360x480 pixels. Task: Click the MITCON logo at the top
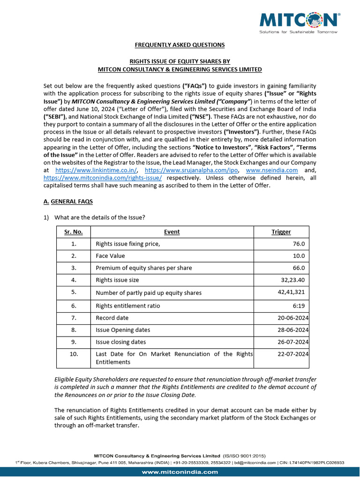300,21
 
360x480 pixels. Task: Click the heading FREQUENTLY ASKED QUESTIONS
180,45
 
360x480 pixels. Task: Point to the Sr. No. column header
73,232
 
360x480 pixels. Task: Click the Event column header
172,232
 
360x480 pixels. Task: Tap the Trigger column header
281,232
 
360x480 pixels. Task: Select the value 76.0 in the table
299,244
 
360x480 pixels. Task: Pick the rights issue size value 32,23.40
292,280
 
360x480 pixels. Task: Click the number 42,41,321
291,292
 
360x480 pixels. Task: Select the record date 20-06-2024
292,318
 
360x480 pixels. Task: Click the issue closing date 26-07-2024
292,342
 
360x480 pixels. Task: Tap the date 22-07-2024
292,354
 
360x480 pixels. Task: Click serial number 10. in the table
73,354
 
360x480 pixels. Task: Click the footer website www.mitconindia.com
180,472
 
